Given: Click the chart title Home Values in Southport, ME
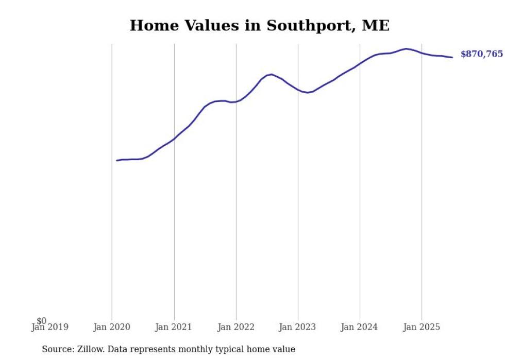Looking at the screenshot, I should pos(259,25).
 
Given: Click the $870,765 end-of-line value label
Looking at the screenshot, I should pos(481,54).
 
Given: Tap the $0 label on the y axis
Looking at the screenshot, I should pos(42,321).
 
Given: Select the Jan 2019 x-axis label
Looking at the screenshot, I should pos(49,327).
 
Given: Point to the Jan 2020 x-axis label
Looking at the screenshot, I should pos(112,327).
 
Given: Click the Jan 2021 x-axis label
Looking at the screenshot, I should pos(174,327).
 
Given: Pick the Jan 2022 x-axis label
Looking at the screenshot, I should pos(236,327).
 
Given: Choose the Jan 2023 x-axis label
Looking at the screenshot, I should pos(297,327).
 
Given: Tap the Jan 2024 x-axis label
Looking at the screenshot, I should pos(359,327).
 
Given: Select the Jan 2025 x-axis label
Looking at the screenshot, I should pos(422,327).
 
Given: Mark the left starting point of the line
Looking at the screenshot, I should pos(117,161).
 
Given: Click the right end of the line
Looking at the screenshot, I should pos(452,57).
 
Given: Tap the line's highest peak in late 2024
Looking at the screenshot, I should pos(407,49).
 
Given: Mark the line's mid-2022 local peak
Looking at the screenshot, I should pos(272,75).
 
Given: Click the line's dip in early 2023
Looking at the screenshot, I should pos(307,93).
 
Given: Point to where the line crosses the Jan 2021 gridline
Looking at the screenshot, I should pos(174,138).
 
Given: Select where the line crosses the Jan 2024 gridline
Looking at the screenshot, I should pos(360,63).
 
